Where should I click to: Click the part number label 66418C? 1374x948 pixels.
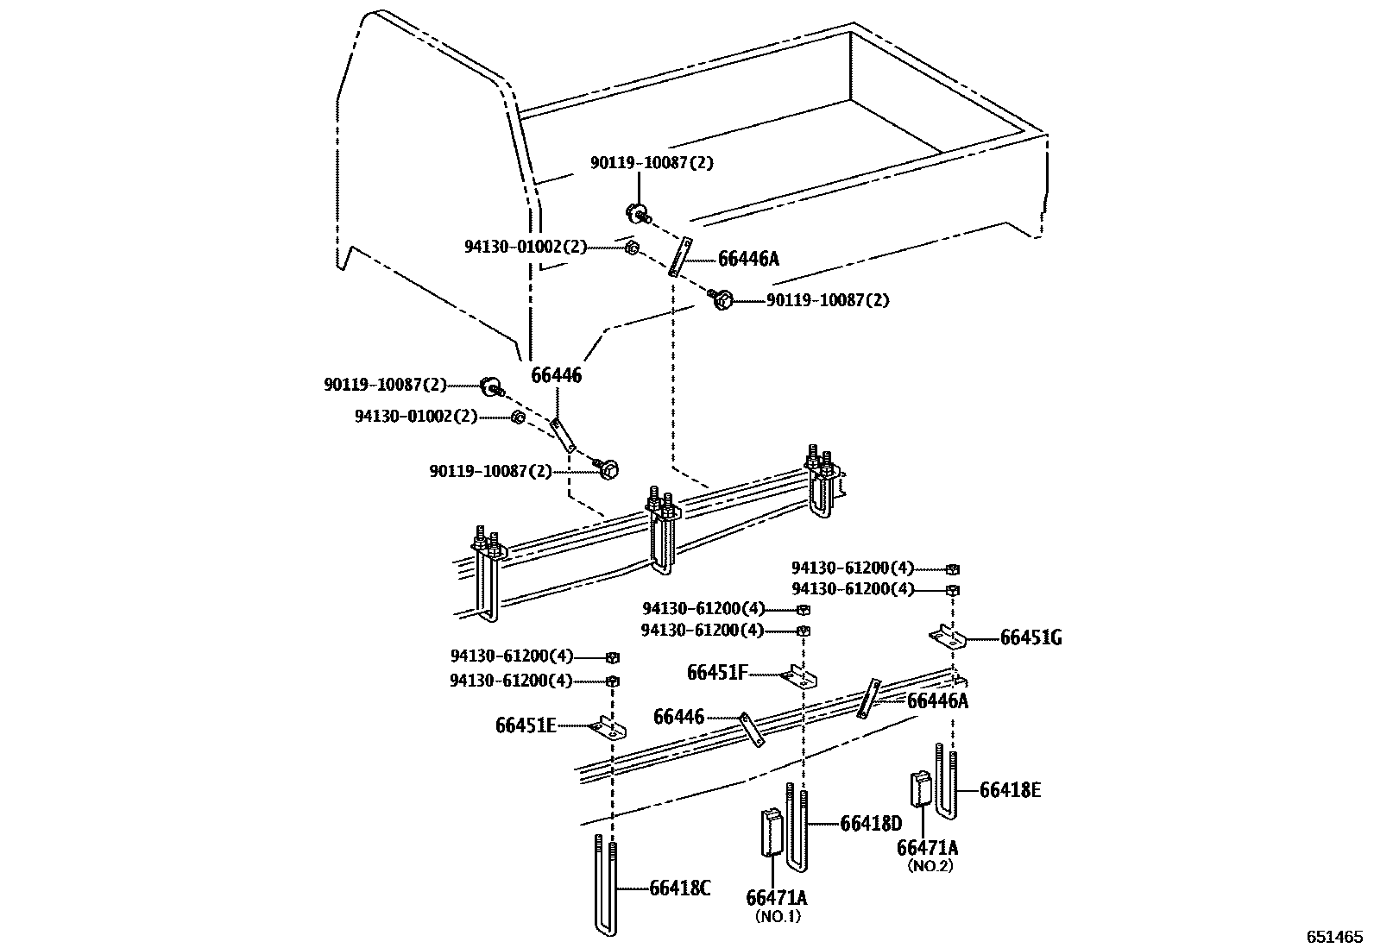[680, 888]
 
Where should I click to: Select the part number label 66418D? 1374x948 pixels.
[871, 824]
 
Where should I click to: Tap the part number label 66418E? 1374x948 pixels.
[1010, 789]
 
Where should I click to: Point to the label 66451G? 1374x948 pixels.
[1030, 638]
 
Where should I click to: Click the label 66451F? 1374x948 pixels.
[717, 672]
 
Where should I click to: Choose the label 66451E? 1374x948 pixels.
[526, 725]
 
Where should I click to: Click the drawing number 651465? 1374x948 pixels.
[1333, 936]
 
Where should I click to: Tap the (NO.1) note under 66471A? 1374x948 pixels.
[777, 916]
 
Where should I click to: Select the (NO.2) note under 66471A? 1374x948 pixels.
[929, 866]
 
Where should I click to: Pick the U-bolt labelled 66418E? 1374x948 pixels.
[945, 785]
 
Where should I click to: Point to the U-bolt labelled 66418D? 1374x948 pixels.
[796, 828]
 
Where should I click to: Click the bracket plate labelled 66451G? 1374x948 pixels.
[947, 637]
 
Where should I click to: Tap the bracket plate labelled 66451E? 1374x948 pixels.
[610, 729]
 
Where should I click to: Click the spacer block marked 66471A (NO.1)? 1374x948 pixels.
[771, 832]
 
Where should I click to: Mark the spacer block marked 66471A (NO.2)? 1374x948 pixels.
[920, 789]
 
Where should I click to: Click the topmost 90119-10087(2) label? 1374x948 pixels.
[652, 162]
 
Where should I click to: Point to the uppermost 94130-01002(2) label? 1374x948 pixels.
[525, 247]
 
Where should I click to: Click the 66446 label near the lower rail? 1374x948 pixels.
[678, 717]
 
